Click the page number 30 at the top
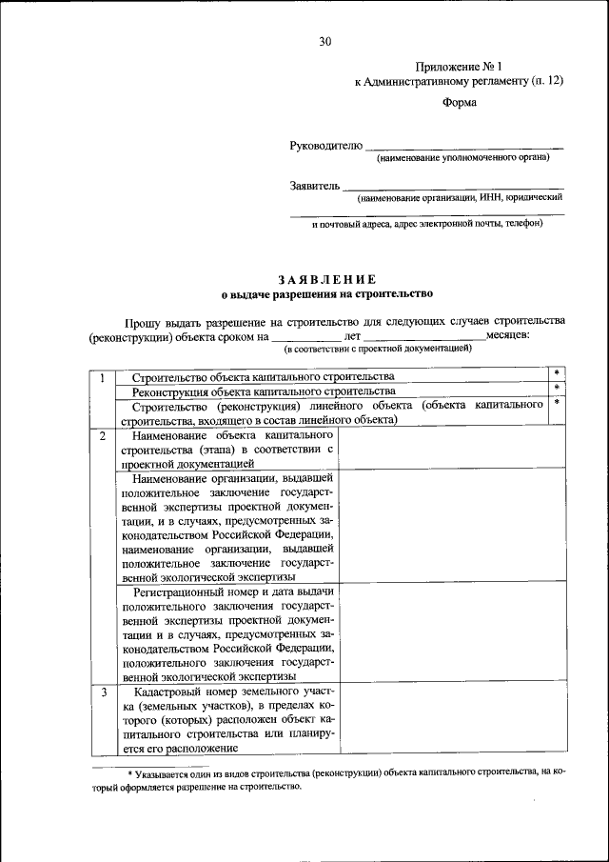[x=325, y=42]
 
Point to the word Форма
[x=460, y=104]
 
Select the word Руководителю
[x=326, y=146]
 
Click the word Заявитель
[x=314, y=186]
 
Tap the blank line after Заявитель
[x=452, y=188]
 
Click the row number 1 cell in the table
[x=101, y=379]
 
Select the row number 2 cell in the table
[x=101, y=435]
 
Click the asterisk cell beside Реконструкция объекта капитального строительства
[x=557, y=391]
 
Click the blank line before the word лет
[x=305, y=336]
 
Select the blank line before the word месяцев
[x=424, y=336]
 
